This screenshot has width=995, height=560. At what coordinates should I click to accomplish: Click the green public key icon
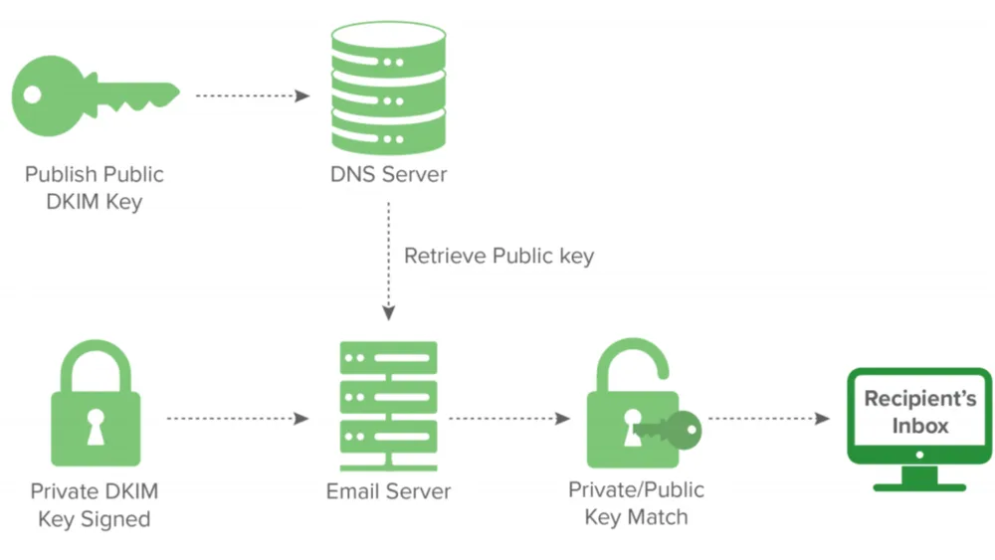point(96,95)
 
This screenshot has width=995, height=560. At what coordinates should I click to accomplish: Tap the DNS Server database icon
point(388,89)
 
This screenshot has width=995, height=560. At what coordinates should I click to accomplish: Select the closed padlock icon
point(96,404)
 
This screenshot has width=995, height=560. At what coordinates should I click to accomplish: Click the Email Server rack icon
point(388,406)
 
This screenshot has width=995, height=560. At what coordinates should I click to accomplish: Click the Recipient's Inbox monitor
point(919,430)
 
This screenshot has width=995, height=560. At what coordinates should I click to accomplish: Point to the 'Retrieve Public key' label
point(498,257)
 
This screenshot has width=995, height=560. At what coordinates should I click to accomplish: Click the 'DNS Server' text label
point(388,174)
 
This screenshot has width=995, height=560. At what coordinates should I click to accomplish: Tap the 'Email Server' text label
point(388,491)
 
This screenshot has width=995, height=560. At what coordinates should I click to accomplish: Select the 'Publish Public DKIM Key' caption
point(95,188)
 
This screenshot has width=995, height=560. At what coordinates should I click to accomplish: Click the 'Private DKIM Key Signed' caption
point(95,505)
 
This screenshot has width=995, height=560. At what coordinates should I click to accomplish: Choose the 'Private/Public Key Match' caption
point(636,503)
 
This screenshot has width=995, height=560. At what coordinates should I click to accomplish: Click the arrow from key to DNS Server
point(253,95)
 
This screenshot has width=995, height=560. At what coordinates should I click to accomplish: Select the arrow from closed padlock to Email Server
point(238,419)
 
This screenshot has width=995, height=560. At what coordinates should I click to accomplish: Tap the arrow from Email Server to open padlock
point(509,419)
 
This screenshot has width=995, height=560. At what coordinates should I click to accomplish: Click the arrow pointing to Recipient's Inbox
point(769,419)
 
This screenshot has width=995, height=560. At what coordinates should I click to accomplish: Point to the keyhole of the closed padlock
point(96,426)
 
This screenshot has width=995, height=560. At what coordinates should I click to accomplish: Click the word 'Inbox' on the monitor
point(920,426)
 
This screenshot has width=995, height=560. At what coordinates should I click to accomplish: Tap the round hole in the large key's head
point(33,95)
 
